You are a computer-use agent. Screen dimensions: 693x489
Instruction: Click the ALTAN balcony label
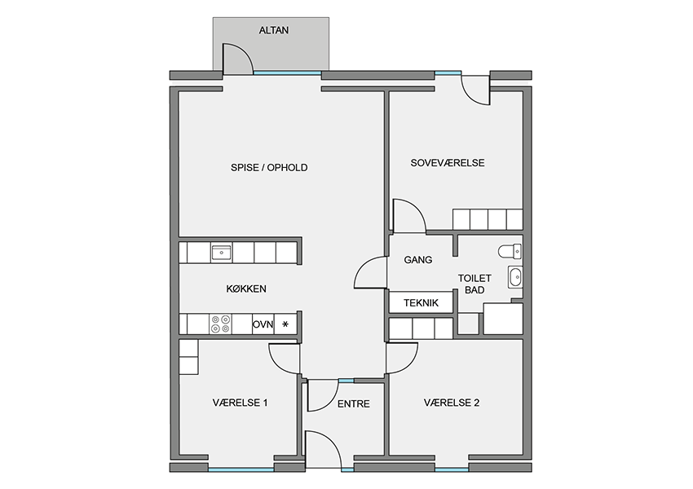(x=274, y=30)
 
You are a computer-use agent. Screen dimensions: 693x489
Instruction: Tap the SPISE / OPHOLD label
(x=269, y=168)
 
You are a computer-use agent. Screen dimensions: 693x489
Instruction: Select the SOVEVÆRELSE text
(x=448, y=163)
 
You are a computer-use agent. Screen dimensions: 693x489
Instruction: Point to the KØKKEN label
(x=246, y=289)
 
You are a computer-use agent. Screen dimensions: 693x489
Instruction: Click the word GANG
(x=418, y=260)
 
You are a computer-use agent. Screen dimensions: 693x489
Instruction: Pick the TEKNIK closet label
(x=421, y=303)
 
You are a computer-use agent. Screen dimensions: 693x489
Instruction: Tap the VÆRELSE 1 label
(x=240, y=403)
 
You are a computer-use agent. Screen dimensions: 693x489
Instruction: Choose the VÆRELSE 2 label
(x=452, y=403)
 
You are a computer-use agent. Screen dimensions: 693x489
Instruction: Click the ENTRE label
(x=354, y=404)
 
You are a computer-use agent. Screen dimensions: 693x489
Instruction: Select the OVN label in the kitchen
(x=263, y=324)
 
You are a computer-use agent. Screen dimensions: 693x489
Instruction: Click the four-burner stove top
(x=220, y=324)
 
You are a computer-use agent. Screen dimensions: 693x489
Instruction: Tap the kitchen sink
(x=221, y=253)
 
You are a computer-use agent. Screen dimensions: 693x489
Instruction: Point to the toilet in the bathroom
(x=510, y=251)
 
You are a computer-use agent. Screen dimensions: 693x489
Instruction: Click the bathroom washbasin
(x=515, y=277)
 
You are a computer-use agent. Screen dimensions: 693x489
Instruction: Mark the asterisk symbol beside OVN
(x=285, y=324)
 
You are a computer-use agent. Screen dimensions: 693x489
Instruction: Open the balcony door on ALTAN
(x=237, y=59)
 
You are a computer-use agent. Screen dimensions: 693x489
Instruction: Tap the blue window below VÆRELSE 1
(x=241, y=469)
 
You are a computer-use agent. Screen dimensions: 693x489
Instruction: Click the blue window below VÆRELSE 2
(x=452, y=469)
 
